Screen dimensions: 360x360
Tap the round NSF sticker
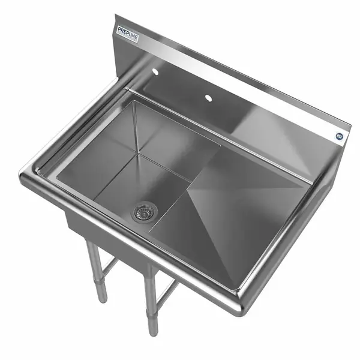pyautogui.click(x=339, y=136)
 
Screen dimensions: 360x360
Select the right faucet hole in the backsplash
pyautogui.click(x=208, y=97)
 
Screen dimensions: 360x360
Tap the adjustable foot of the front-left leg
pyautogui.click(x=101, y=295)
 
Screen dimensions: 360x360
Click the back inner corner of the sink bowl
pyautogui.click(x=135, y=102)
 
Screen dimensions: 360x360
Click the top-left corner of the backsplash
pyautogui.click(x=116, y=18)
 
